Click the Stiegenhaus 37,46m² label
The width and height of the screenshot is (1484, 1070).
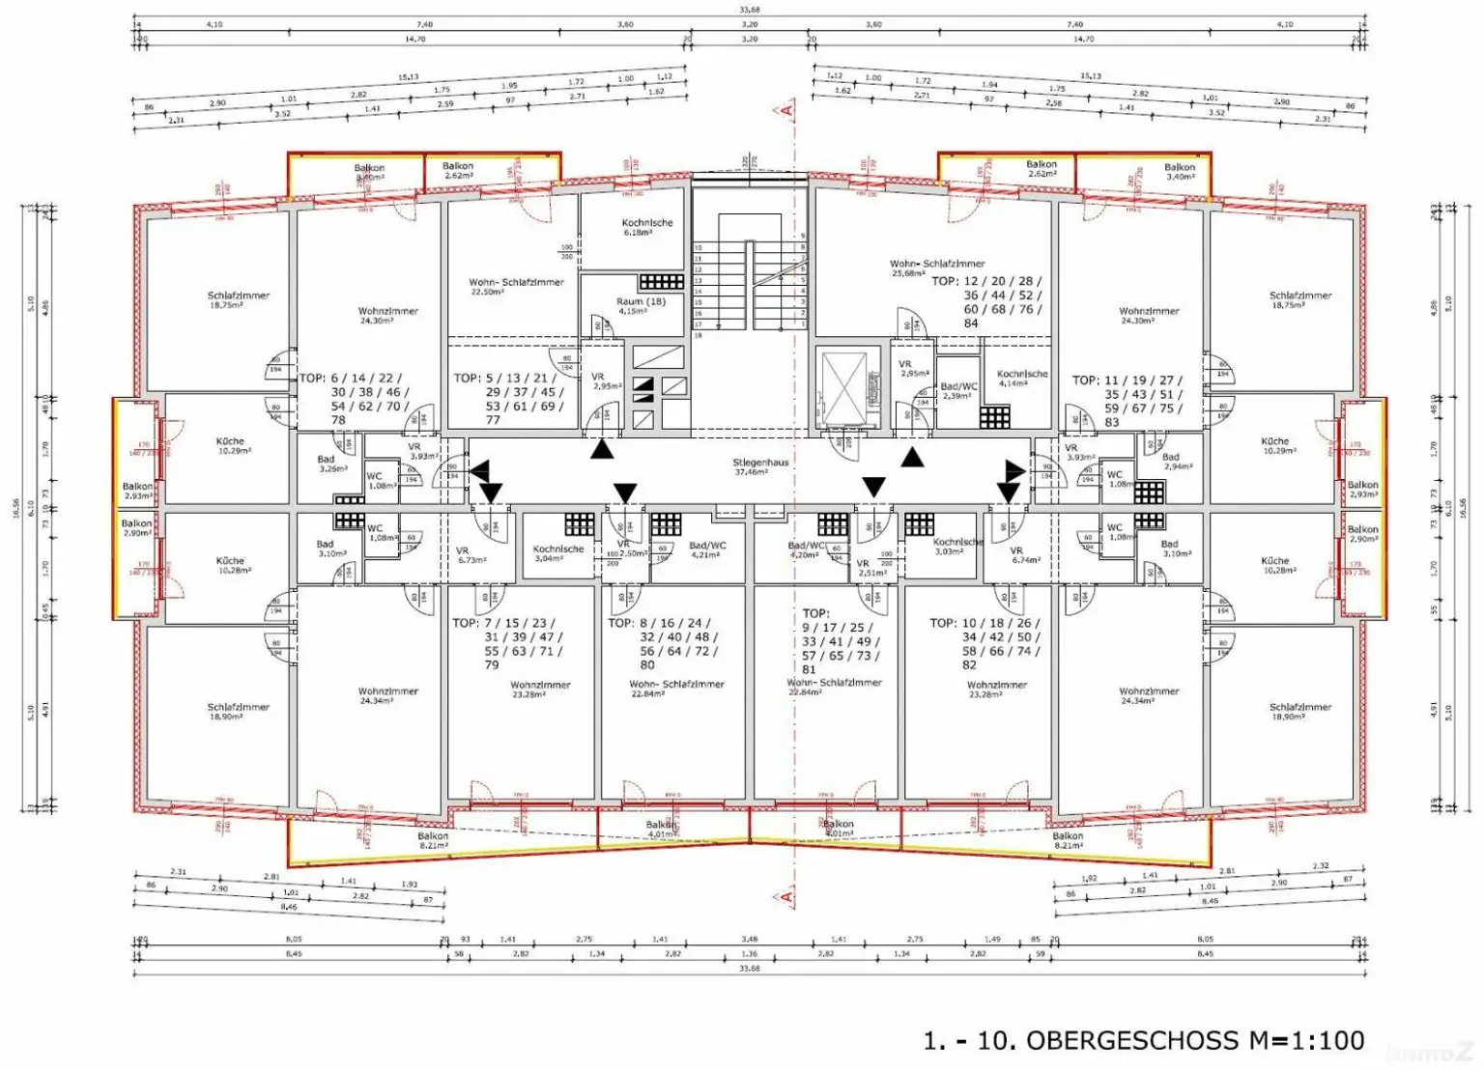pos(760,467)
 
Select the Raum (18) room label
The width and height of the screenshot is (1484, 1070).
pos(641,306)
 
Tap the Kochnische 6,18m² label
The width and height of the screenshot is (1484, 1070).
pos(647,227)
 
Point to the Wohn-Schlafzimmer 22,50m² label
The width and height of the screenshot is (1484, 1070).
pos(516,287)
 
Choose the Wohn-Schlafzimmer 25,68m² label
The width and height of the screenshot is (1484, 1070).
pos(937,267)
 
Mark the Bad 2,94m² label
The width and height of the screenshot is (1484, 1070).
pos(1171,462)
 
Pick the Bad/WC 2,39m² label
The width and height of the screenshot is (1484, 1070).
pos(958,391)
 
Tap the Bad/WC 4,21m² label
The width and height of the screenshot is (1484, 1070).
pos(707,550)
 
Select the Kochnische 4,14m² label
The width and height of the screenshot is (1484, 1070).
pos(1022,378)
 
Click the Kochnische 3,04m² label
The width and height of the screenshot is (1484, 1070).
pos(558,553)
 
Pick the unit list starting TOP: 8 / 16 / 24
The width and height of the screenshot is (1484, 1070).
pos(662,643)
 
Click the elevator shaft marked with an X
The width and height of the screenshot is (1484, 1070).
pos(845,387)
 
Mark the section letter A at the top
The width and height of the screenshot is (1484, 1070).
pos(786,110)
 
